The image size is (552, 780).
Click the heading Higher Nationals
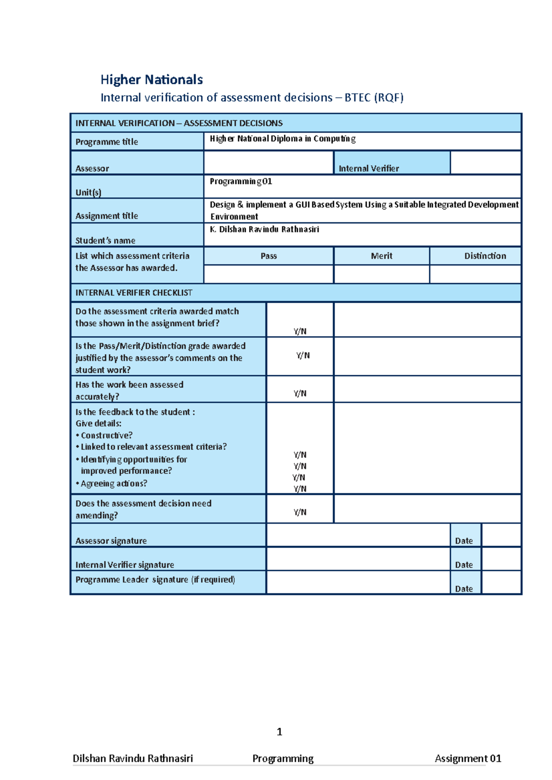[x=151, y=79]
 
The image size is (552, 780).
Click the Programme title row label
[x=107, y=141]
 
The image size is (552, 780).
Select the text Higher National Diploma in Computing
[x=282, y=139]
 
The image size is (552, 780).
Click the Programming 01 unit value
[x=241, y=181]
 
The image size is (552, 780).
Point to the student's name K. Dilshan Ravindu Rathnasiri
[x=264, y=229]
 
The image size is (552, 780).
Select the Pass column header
[x=269, y=256]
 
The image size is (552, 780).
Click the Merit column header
[x=381, y=256]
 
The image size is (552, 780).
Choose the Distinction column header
[x=485, y=256]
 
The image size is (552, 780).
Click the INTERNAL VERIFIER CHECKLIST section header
[x=134, y=293]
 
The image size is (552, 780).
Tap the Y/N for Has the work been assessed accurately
[x=300, y=393]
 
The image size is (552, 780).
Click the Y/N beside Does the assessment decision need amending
[x=300, y=512]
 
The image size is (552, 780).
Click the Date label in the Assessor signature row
[x=464, y=541]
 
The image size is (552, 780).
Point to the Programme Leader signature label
[x=155, y=579]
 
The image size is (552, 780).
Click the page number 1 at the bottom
[x=279, y=731]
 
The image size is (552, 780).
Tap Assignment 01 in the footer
[x=468, y=758]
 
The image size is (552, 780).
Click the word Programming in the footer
[x=283, y=758]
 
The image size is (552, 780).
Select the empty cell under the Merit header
[x=381, y=274]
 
